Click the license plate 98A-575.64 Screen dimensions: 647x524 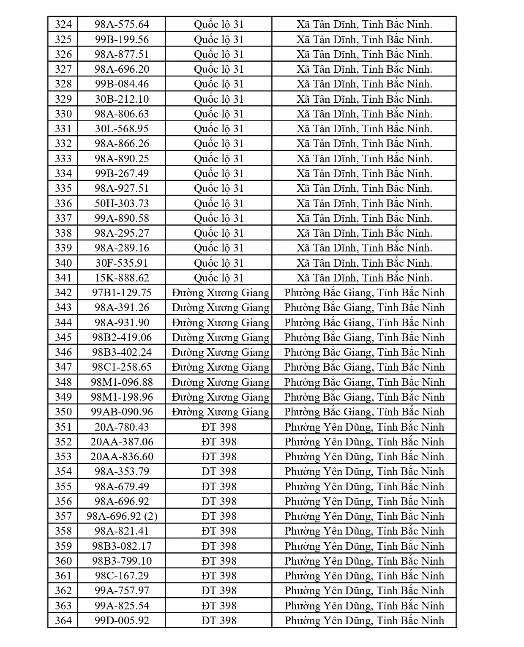122,25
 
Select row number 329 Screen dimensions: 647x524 63,99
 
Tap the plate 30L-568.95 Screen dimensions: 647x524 122,129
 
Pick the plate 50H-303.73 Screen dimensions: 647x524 122,203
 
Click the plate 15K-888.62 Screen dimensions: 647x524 122,278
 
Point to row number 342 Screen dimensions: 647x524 63,292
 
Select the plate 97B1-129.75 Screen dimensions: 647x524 122,292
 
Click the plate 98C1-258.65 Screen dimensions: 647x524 122,367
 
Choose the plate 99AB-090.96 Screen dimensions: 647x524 122,412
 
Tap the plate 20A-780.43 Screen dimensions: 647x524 122,427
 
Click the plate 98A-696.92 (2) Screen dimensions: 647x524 122,516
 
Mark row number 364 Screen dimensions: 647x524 63,620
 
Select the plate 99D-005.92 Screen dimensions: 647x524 122,620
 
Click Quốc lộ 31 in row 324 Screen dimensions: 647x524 219,25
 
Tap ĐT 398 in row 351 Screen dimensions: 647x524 219,427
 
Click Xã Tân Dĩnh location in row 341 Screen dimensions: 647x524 364,278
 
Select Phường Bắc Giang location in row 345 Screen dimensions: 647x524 364,337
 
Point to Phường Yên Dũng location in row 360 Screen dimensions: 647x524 364,561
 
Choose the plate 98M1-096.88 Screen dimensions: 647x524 122,382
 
